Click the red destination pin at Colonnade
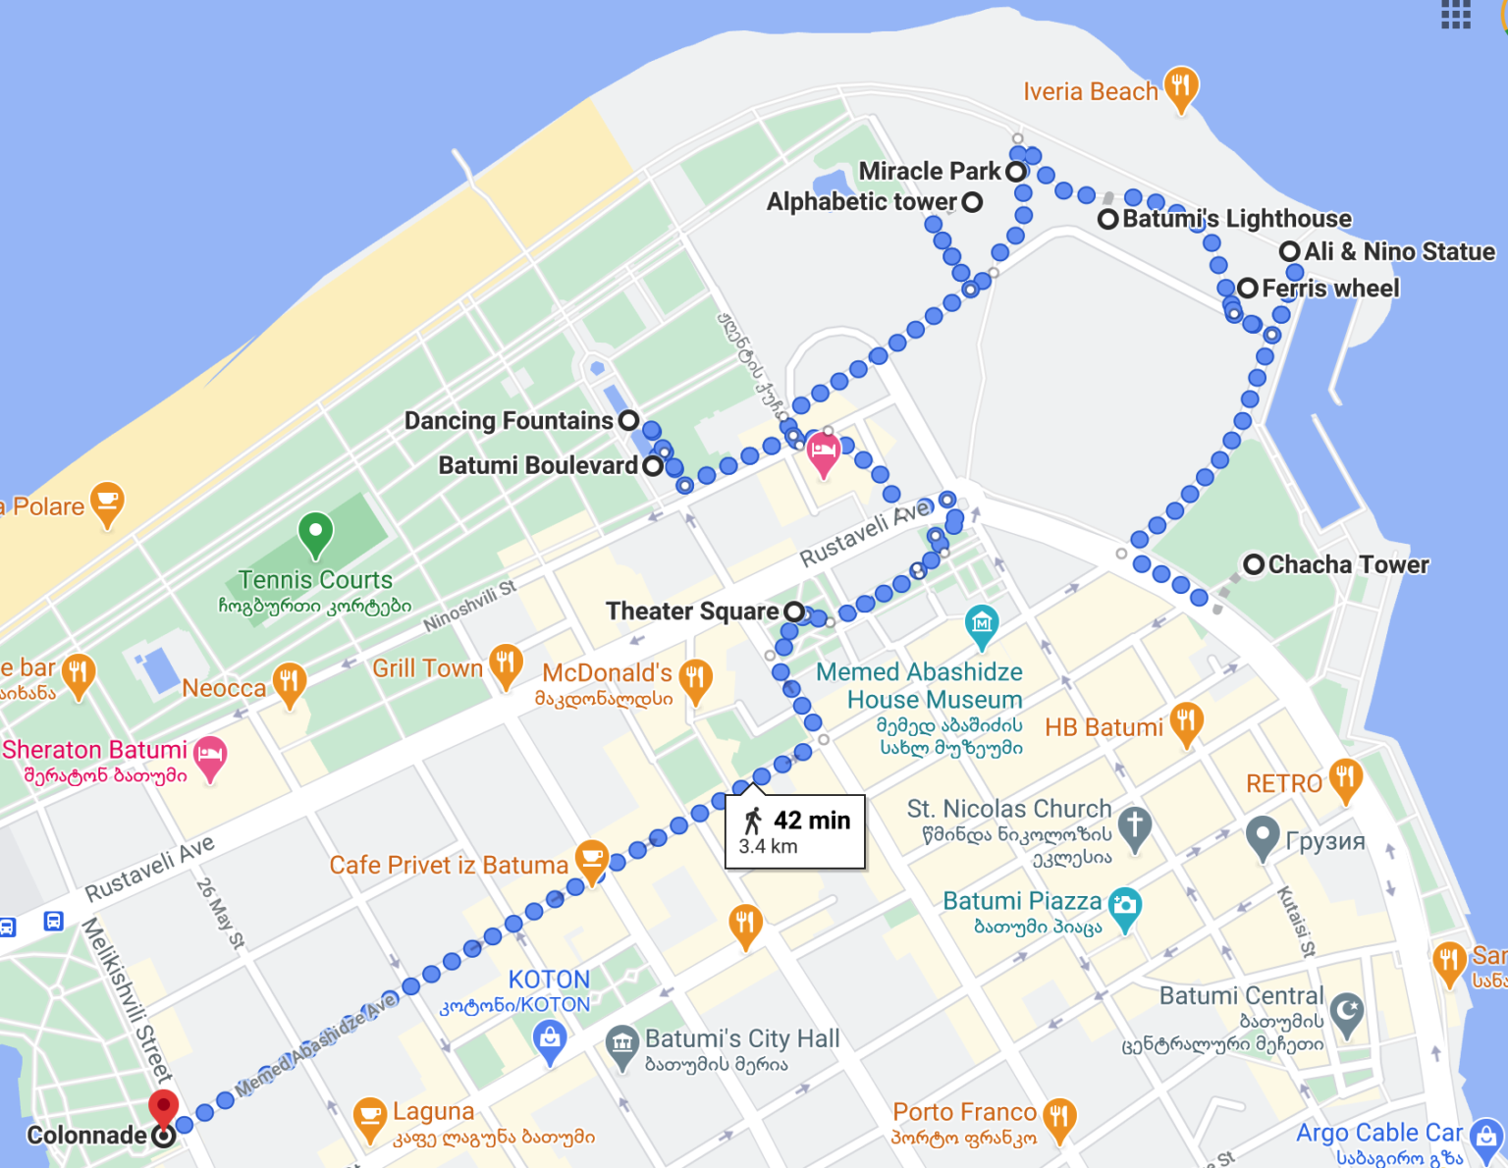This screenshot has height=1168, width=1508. (163, 1106)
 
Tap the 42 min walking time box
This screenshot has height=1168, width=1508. (795, 831)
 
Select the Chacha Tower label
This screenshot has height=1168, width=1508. (1348, 564)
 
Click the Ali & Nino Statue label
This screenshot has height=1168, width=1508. (1399, 252)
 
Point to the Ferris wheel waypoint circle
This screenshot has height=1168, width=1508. (1248, 289)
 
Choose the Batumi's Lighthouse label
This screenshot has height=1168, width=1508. (1236, 219)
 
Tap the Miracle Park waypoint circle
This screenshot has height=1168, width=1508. (1016, 172)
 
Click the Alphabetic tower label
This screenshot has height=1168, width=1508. (861, 202)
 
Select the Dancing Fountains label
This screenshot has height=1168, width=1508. (509, 421)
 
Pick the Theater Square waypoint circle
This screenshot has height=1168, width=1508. (794, 611)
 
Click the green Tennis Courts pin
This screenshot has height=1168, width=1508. (315, 533)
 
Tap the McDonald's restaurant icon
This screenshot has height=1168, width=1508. (695, 678)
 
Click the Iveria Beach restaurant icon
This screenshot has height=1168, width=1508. (1181, 87)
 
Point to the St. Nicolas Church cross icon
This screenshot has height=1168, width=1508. (1135, 824)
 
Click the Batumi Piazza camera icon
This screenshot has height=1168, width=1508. (1124, 906)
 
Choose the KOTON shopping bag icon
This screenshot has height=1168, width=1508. (550, 1037)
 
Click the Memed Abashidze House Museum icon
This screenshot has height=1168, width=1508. (982, 623)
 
